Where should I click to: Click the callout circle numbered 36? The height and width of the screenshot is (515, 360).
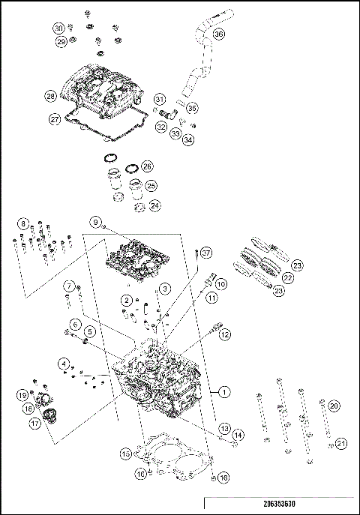tap(218, 34)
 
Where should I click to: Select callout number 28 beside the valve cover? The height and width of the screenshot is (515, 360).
tap(51, 96)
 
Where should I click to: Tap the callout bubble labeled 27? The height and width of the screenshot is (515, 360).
tap(55, 119)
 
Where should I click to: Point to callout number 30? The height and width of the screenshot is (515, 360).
tap(58, 28)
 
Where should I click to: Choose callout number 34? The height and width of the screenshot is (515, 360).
tap(187, 139)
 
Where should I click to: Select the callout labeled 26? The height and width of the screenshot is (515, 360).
tap(147, 166)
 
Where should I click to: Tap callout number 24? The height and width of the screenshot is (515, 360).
tap(154, 204)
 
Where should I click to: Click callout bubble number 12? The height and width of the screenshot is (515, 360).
tap(225, 335)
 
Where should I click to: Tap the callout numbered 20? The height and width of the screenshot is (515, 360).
tap(334, 405)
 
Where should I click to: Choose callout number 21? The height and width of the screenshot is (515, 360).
tap(341, 443)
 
